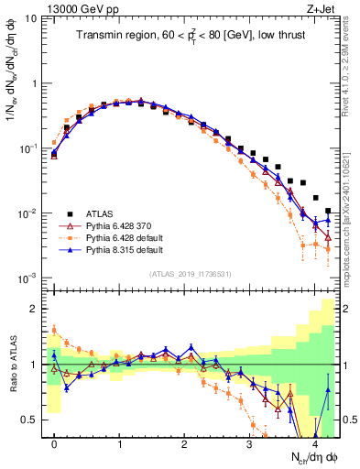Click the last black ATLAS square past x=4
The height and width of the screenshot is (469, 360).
point(328,211)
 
